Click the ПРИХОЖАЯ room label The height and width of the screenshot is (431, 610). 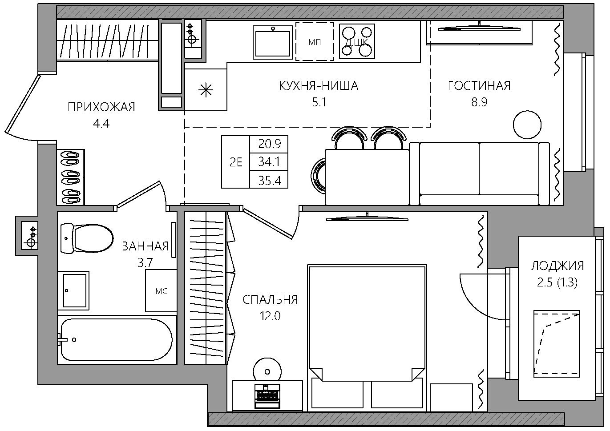(101, 107)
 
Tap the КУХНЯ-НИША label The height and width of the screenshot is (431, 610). (319, 86)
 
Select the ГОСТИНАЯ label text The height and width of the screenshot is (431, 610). (479, 85)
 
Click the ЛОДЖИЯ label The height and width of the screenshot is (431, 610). (557, 266)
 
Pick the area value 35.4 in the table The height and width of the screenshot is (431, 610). (269, 181)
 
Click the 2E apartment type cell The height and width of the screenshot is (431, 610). (236, 162)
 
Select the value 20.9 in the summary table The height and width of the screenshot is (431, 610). (269, 144)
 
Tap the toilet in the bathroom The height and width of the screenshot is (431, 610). (87, 238)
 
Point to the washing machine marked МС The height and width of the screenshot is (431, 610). (161, 290)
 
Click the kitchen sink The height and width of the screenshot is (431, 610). (273, 42)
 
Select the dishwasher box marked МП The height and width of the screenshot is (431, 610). (315, 41)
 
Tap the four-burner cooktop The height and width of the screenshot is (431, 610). (357, 41)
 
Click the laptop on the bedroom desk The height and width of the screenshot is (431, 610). (267, 396)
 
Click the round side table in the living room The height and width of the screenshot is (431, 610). (527, 125)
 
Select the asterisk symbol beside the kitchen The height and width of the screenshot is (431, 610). (206, 90)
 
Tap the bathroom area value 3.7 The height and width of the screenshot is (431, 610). (145, 263)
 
